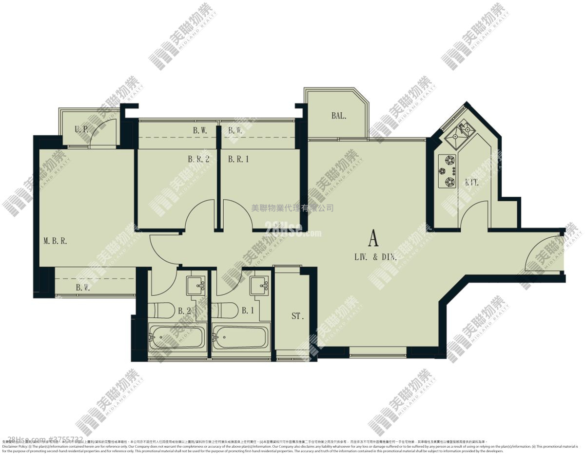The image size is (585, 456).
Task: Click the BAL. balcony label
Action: (339, 116)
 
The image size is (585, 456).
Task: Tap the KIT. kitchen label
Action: (471, 183)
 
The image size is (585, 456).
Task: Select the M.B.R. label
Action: (55, 241)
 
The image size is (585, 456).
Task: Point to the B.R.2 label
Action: (198, 159)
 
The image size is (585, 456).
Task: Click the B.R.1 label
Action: (238, 159)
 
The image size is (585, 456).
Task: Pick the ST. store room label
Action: (297, 316)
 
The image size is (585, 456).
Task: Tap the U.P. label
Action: (81, 130)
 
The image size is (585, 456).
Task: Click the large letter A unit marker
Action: (373, 239)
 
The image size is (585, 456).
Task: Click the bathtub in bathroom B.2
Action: (176, 337)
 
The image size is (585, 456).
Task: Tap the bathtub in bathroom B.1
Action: (240, 337)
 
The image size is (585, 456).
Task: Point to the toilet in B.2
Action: (161, 310)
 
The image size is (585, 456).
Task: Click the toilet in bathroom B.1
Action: (225, 310)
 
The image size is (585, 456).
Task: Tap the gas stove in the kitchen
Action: (448, 171)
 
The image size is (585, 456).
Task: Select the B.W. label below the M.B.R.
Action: (83, 288)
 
